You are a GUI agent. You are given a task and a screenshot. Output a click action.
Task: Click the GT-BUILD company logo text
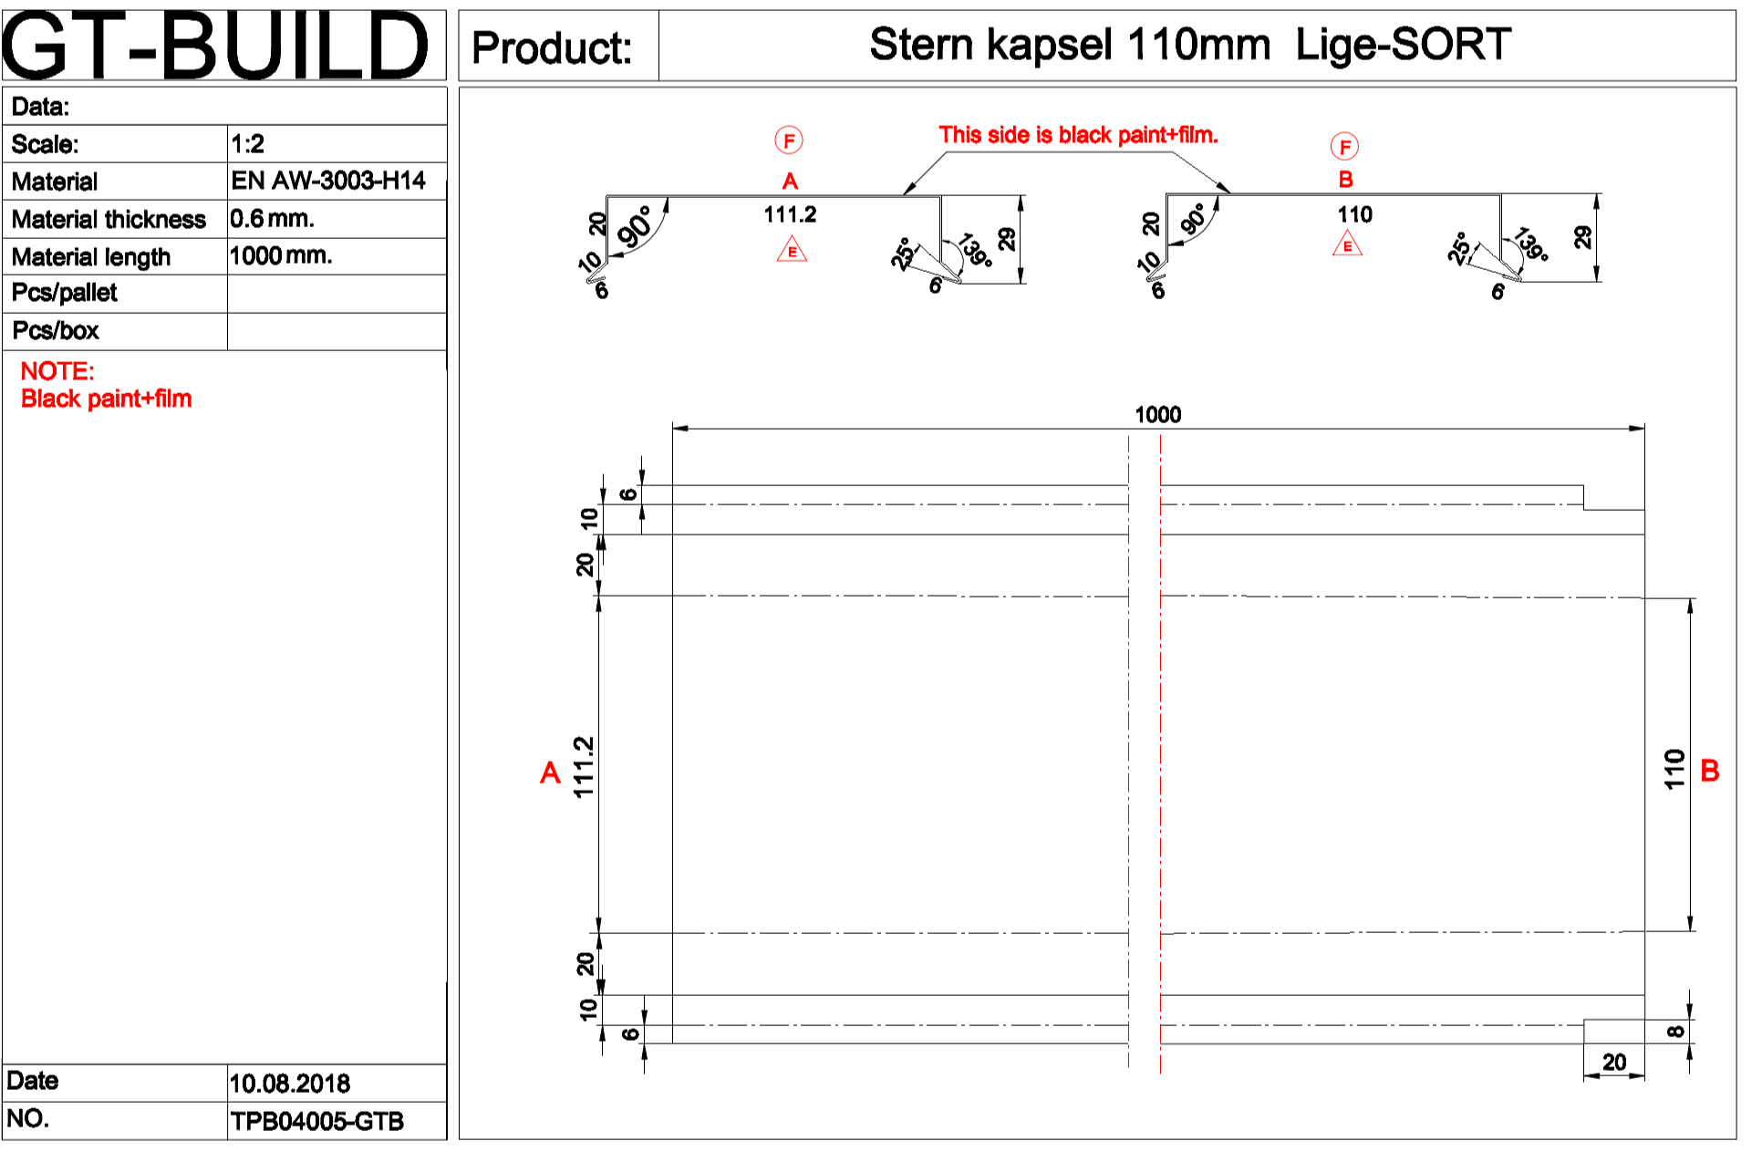pyautogui.click(x=216, y=46)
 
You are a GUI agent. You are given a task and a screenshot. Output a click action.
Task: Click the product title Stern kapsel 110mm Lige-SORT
pyautogui.click(x=1189, y=45)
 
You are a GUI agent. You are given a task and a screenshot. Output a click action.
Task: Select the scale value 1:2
pyautogui.click(x=247, y=144)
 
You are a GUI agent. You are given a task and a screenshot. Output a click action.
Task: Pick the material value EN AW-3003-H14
pyautogui.click(x=327, y=181)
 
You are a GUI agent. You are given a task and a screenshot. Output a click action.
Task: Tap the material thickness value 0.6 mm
pyautogui.click(x=272, y=219)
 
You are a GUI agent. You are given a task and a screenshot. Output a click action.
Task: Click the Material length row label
pyautogui.click(x=91, y=257)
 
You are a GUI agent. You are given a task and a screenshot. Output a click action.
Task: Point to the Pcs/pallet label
pyautogui.click(x=65, y=293)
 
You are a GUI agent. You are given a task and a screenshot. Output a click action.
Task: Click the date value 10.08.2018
pyautogui.click(x=289, y=1084)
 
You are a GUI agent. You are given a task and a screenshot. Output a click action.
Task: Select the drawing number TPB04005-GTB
pyautogui.click(x=316, y=1121)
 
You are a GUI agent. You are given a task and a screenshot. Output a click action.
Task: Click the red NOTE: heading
pyautogui.click(x=57, y=371)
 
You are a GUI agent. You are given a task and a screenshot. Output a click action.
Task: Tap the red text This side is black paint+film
pyautogui.click(x=1078, y=135)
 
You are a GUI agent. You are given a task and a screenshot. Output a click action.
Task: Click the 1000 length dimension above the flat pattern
pyautogui.click(x=1157, y=415)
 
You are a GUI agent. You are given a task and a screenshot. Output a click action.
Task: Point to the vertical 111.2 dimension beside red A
pyautogui.click(x=584, y=766)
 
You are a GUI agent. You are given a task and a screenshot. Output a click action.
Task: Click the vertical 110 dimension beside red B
pyautogui.click(x=1674, y=769)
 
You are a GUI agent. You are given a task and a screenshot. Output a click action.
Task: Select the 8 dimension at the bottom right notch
pyautogui.click(x=1675, y=1032)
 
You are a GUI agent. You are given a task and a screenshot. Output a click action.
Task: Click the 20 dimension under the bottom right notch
pyautogui.click(x=1613, y=1062)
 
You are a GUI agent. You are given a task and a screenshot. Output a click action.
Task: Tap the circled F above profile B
pyautogui.click(x=1343, y=146)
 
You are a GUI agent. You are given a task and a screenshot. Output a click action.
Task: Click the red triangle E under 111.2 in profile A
pyautogui.click(x=792, y=251)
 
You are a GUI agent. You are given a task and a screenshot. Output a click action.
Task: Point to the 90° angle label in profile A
pyautogui.click(x=635, y=226)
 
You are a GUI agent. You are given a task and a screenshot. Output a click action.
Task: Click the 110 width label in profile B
pyautogui.click(x=1354, y=214)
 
